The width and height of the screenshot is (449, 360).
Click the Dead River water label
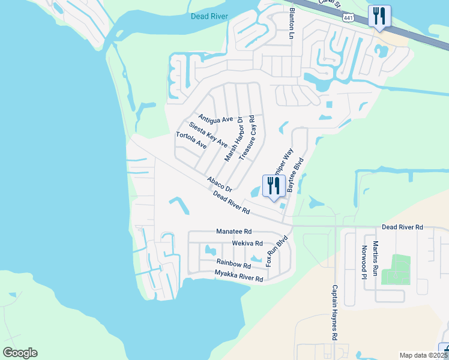[x=209, y=16]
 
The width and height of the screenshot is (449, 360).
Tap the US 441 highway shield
[x=349, y=19]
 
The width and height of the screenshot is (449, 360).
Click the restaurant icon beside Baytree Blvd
[x=274, y=186]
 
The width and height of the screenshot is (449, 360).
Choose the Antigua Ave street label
[x=215, y=119]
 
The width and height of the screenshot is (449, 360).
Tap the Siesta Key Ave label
[x=208, y=134]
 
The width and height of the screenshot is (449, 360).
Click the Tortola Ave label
[x=191, y=141]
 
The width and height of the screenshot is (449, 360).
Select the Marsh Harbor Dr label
[x=233, y=139]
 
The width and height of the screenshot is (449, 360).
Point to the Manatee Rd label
[x=234, y=232]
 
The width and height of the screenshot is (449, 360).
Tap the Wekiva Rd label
[x=247, y=244]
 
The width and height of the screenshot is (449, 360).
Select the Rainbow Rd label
[x=234, y=264]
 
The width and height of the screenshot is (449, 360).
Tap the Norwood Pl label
[x=364, y=262]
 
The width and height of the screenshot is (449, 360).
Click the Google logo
[x=20, y=353]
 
